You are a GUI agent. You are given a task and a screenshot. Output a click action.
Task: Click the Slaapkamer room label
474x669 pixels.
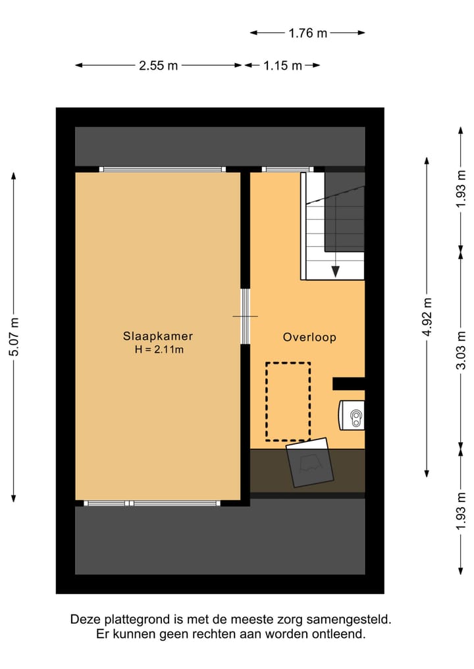click(x=158, y=336)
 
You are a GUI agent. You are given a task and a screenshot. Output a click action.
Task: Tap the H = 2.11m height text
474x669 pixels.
click(x=159, y=350)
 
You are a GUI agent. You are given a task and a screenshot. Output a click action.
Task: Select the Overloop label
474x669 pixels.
click(x=309, y=337)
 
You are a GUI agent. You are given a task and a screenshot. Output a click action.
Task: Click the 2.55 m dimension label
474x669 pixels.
click(x=158, y=66)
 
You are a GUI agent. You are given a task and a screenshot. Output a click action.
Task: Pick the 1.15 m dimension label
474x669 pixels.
click(x=282, y=66)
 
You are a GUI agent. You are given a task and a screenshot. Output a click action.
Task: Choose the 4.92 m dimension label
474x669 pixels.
click(x=427, y=317)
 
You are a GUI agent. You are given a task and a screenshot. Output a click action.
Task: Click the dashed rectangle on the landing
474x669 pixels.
click(x=288, y=401)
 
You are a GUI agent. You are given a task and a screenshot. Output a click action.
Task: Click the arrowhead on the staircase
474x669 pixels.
click(x=335, y=270)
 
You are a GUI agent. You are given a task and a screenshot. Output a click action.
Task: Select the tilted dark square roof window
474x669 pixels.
click(x=311, y=463)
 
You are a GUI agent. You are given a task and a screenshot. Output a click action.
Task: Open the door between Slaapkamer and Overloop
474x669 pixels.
click(x=245, y=316)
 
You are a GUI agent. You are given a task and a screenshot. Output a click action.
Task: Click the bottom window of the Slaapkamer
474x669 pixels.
click(x=153, y=503)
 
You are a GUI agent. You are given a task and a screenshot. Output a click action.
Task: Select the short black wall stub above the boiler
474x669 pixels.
click(x=348, y=384)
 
